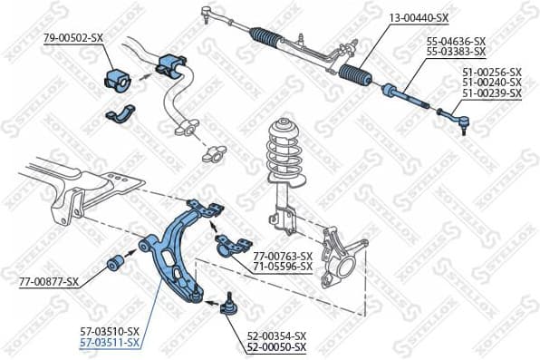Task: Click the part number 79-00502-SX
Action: coord(73,37)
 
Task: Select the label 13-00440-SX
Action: coord(419,17)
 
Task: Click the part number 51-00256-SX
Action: coord(492,72)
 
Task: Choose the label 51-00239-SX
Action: coord(492,93)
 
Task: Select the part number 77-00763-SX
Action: coord(283,256)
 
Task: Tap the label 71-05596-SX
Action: coord(283,267)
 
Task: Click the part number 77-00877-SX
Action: coord(49,282)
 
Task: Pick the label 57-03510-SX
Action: coord(109,331)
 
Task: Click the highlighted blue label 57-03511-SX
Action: coord(109,342)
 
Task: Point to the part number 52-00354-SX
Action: coord(276,336)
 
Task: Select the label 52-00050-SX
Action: coord(276,347)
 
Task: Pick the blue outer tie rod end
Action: coord(454,116)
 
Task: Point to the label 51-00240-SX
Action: coord(492,83)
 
